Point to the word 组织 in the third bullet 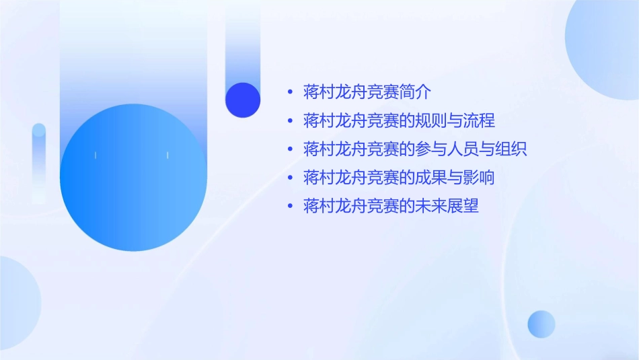pyautogui.click(x=512, y=149)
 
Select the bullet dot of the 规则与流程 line pyautogui.click(x=290, y=121)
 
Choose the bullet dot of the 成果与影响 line pyautogui.click(x=290, y=178)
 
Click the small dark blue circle pyautogui.click(x=243, y=100)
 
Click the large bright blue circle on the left pyautogui.click(x=133, y=178)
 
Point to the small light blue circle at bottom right pyautogui.click(x=541, y=324)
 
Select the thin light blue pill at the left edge pyautogui.click(x=39, y=161)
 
